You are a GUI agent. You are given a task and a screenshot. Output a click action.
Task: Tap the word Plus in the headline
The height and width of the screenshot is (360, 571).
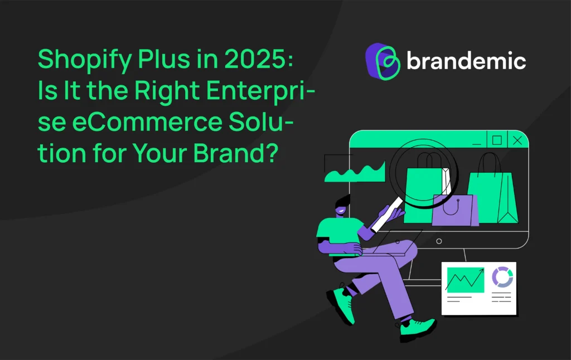[x=164, y=59]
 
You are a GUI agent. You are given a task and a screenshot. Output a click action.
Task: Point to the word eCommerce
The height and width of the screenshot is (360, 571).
[x=147, y=121]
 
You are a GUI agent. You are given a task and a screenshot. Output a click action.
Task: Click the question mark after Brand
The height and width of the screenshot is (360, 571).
[x=270, y=153]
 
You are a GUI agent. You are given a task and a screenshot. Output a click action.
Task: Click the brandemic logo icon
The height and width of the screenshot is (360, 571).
[x=383, y=61]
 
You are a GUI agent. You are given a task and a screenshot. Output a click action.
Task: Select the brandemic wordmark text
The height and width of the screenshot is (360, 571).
[x=466, y=60]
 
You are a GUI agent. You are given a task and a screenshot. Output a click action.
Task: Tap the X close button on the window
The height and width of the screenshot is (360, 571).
[x=517, y=140]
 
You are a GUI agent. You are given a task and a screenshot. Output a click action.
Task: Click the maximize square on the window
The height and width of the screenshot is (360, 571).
[x=497, y=140]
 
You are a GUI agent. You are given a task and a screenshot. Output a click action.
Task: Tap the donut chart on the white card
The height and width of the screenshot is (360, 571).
[x=502, y=277]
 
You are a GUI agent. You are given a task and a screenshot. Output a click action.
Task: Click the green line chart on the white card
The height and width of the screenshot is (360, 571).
[x=466, y=280]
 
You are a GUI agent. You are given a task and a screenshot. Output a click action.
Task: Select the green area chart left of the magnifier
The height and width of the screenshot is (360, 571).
[x=355, y=173]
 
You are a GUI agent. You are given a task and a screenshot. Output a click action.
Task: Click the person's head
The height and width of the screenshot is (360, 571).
[x=342, y=206]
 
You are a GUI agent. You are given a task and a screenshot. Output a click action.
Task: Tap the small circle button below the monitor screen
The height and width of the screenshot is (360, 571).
[x=439, y=241]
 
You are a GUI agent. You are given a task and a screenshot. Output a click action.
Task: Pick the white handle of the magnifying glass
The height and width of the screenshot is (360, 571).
[x=387, y=215]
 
